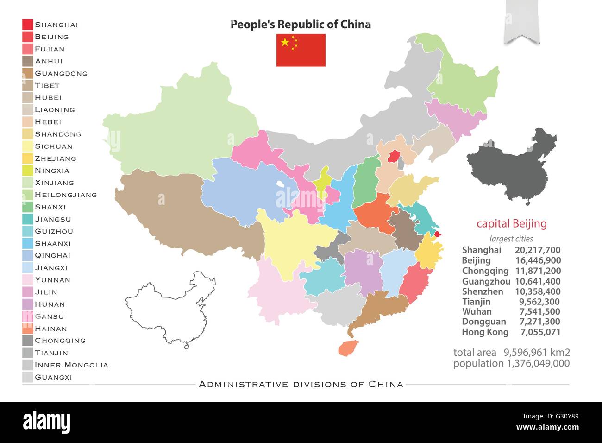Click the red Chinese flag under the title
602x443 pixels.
click(301, 50)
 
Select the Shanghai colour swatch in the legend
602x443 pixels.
click(27, 25)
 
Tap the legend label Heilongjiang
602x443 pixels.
click(66, 195)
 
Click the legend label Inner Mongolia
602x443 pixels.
click(71, 365)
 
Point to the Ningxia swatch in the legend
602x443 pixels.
click(27, 171)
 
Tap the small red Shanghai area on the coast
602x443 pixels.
click(438, 234)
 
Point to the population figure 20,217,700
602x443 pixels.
click(538, 250)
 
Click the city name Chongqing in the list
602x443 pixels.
click(485, 271)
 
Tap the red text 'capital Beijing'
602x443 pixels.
click(511, 224)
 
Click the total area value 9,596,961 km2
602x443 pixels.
click(537, 353)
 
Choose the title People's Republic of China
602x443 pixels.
click(301, 25)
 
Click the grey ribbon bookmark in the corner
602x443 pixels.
click(522, 21)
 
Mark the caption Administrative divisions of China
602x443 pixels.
click(301, 384)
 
